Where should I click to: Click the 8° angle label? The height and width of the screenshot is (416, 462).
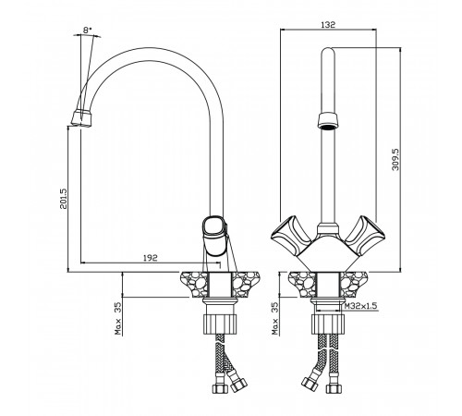(88, 30)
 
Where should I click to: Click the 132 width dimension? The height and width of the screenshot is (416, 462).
(328, 25)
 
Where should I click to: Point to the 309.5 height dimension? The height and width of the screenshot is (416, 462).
(395, 159)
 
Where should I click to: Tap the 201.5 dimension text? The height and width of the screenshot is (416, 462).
(64, 198)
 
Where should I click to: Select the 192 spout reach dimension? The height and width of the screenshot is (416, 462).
(151, 258)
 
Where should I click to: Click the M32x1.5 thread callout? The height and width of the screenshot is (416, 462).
(360, 306)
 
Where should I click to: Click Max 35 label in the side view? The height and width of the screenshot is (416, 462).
(118, 318)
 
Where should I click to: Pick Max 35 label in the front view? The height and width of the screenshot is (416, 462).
(274, 318)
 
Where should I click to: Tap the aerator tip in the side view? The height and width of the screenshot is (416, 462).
(81, 118)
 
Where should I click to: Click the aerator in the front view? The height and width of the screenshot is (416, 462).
(328, 121)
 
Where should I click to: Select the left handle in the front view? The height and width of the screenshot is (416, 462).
(290, 235)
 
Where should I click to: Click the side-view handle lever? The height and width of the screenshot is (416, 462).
(214, 236)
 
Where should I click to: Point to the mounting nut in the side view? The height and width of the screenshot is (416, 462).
(221, 324)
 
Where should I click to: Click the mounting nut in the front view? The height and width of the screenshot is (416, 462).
(328, 324)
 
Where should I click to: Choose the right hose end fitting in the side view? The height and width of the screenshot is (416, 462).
(238, 384)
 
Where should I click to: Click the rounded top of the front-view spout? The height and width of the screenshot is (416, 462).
(328, 52)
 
